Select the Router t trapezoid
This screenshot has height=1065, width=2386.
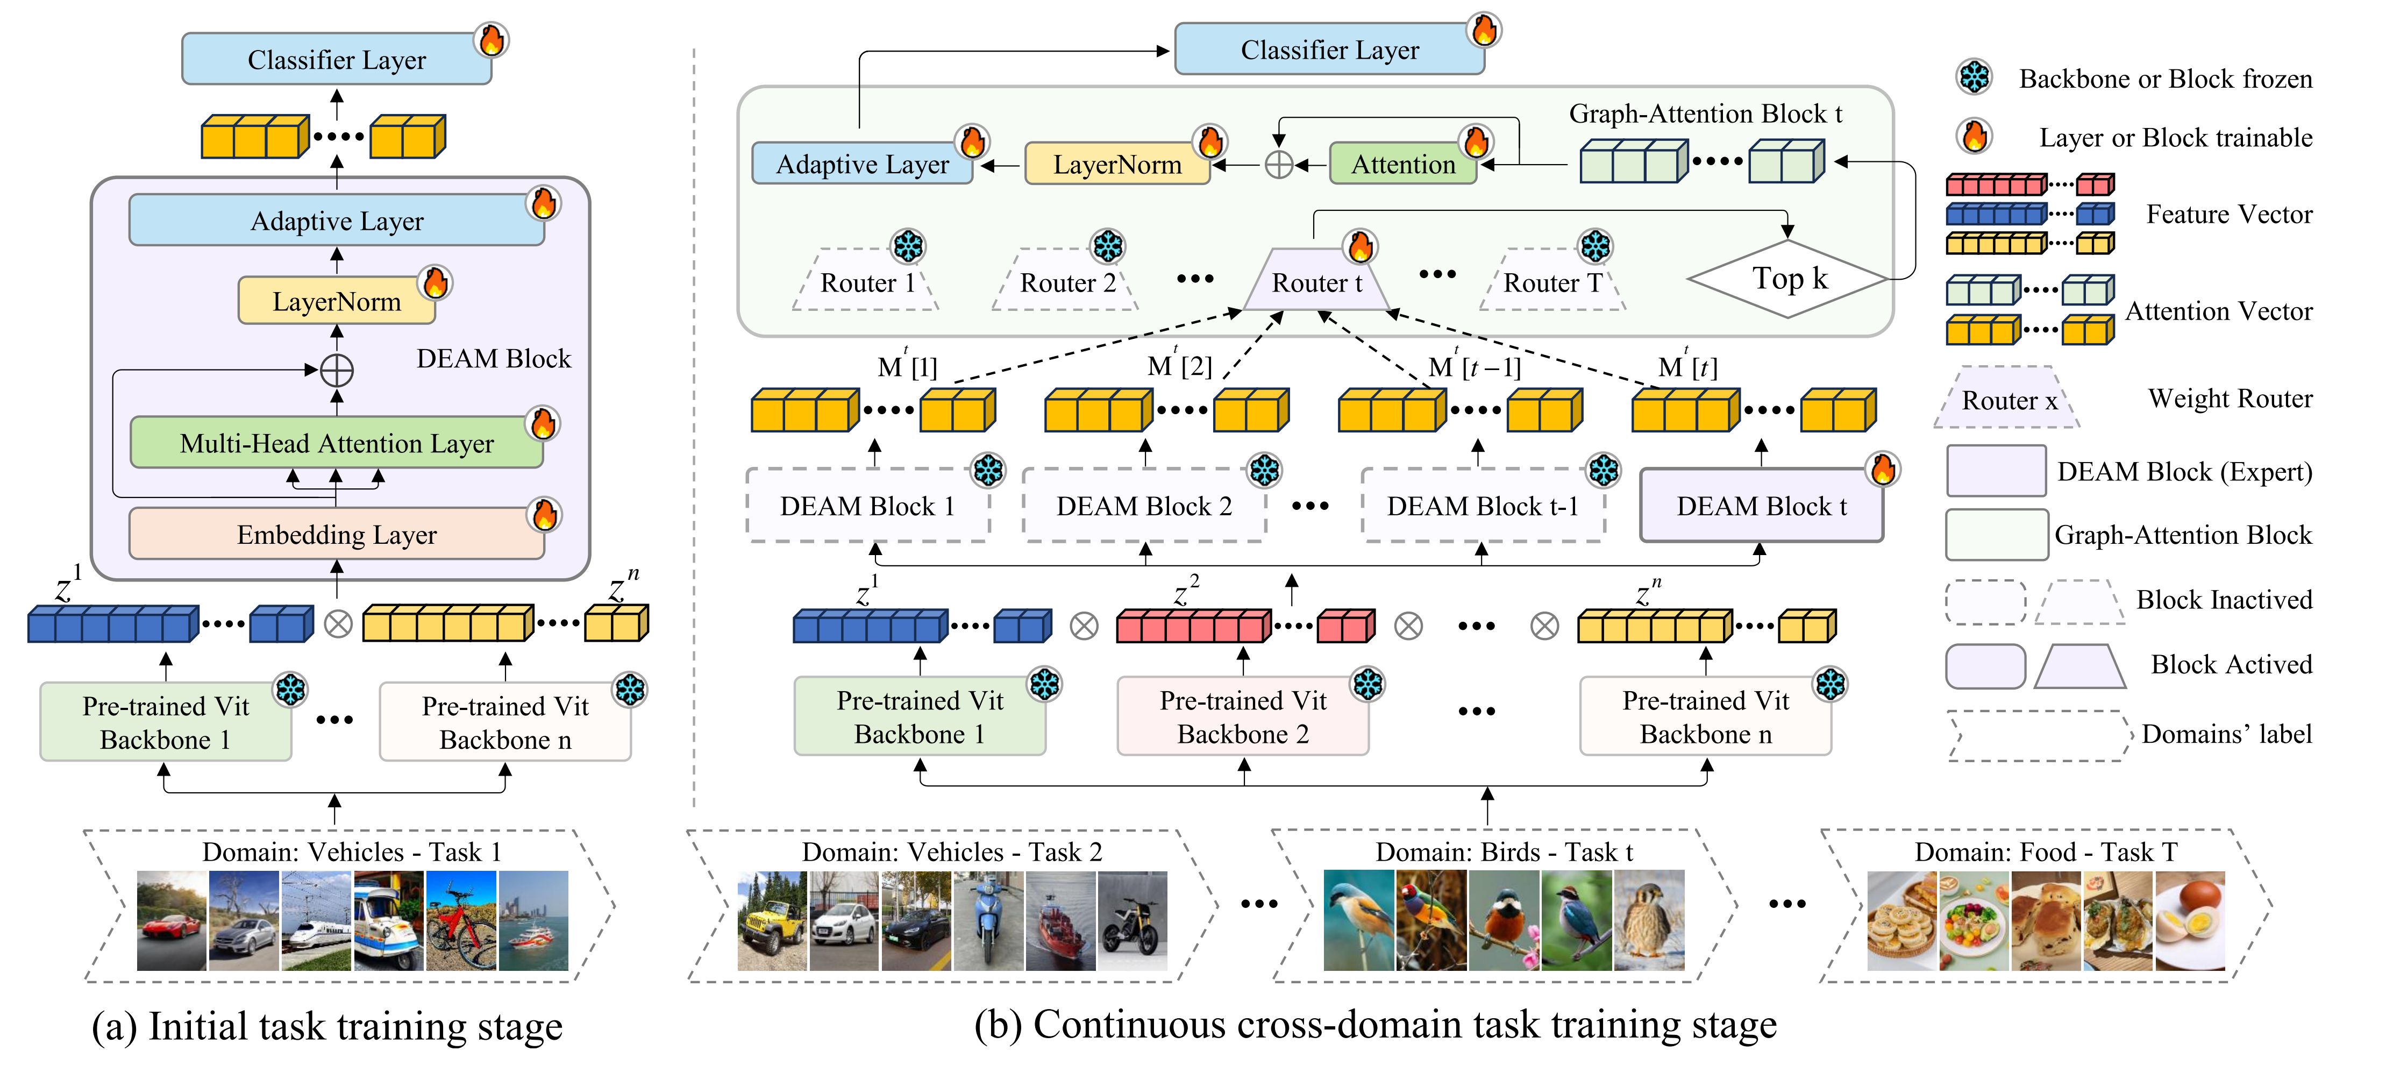point(1316,281)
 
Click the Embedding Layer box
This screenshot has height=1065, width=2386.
point(336,534)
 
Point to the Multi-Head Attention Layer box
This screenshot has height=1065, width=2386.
point(336,444)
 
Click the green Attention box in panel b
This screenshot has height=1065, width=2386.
point(1402,165)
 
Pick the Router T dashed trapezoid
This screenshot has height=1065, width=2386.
point(1552,281)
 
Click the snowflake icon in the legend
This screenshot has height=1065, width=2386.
point(1974,78)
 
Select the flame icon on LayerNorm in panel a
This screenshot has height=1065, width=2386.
point(436,282)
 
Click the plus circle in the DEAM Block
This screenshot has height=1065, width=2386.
point(336,371)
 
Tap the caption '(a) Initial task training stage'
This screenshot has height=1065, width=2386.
point(327,1026)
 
